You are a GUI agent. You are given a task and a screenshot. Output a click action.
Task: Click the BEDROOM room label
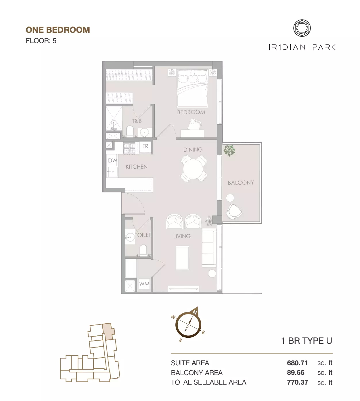[x=191, y=112]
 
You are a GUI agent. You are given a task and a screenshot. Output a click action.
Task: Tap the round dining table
[x=193, y=169]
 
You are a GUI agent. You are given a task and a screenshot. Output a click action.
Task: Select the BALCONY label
[x=241, y=182]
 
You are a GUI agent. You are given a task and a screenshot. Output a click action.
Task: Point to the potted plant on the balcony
[x=229, y=150]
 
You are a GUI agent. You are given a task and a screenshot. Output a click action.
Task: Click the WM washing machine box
[x=144, y=284]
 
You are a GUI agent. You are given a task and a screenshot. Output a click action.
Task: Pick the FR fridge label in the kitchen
[x=145, y=146]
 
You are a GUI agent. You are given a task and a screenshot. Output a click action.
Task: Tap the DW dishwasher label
[x=112, y=160]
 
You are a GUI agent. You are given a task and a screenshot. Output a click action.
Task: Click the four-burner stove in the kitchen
[x=129, y=148]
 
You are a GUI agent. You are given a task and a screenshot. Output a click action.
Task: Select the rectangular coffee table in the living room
[x=183, y=258]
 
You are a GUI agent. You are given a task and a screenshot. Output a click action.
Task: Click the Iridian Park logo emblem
[x=302, y=28]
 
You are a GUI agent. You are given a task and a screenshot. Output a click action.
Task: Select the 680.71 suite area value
[x=297, y=363]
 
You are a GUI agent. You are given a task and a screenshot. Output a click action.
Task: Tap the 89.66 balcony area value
[x=296, y=373]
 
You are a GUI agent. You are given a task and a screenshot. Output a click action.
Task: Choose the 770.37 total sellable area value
[x=298, y=382]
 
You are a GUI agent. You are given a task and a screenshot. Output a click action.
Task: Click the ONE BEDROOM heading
[x=58, y=30]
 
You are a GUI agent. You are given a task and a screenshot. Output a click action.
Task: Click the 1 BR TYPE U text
[x=307, y=341]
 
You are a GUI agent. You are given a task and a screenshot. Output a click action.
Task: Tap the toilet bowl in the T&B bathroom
[x=130, y=131]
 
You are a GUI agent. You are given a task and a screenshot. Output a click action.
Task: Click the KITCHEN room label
[x=137, y=167]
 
